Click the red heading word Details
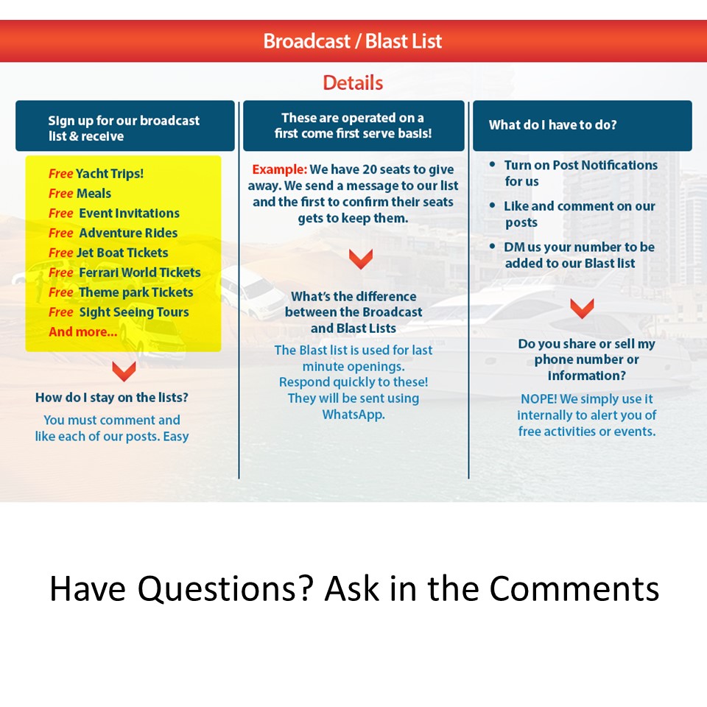(x=353, y=83)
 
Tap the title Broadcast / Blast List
(x=353, y=41)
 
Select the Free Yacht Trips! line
(x=96, y=174)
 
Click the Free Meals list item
(x=80, y=194)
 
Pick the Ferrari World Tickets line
(x=124, y=272)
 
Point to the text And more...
(x=83, y=332)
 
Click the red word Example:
(x=280, y=169)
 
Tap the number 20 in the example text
(x=369, y=169)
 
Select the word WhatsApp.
(x=353, y=415)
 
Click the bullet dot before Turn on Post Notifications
(x=493, y=165)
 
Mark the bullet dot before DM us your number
(x=493, y=247)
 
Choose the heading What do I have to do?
(x=553, y=125)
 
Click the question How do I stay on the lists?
(x=112, y=398)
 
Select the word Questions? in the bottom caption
(x=225, y=589)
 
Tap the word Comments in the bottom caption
(x=574, y=589)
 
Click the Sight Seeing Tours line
(x=119, y=312)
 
